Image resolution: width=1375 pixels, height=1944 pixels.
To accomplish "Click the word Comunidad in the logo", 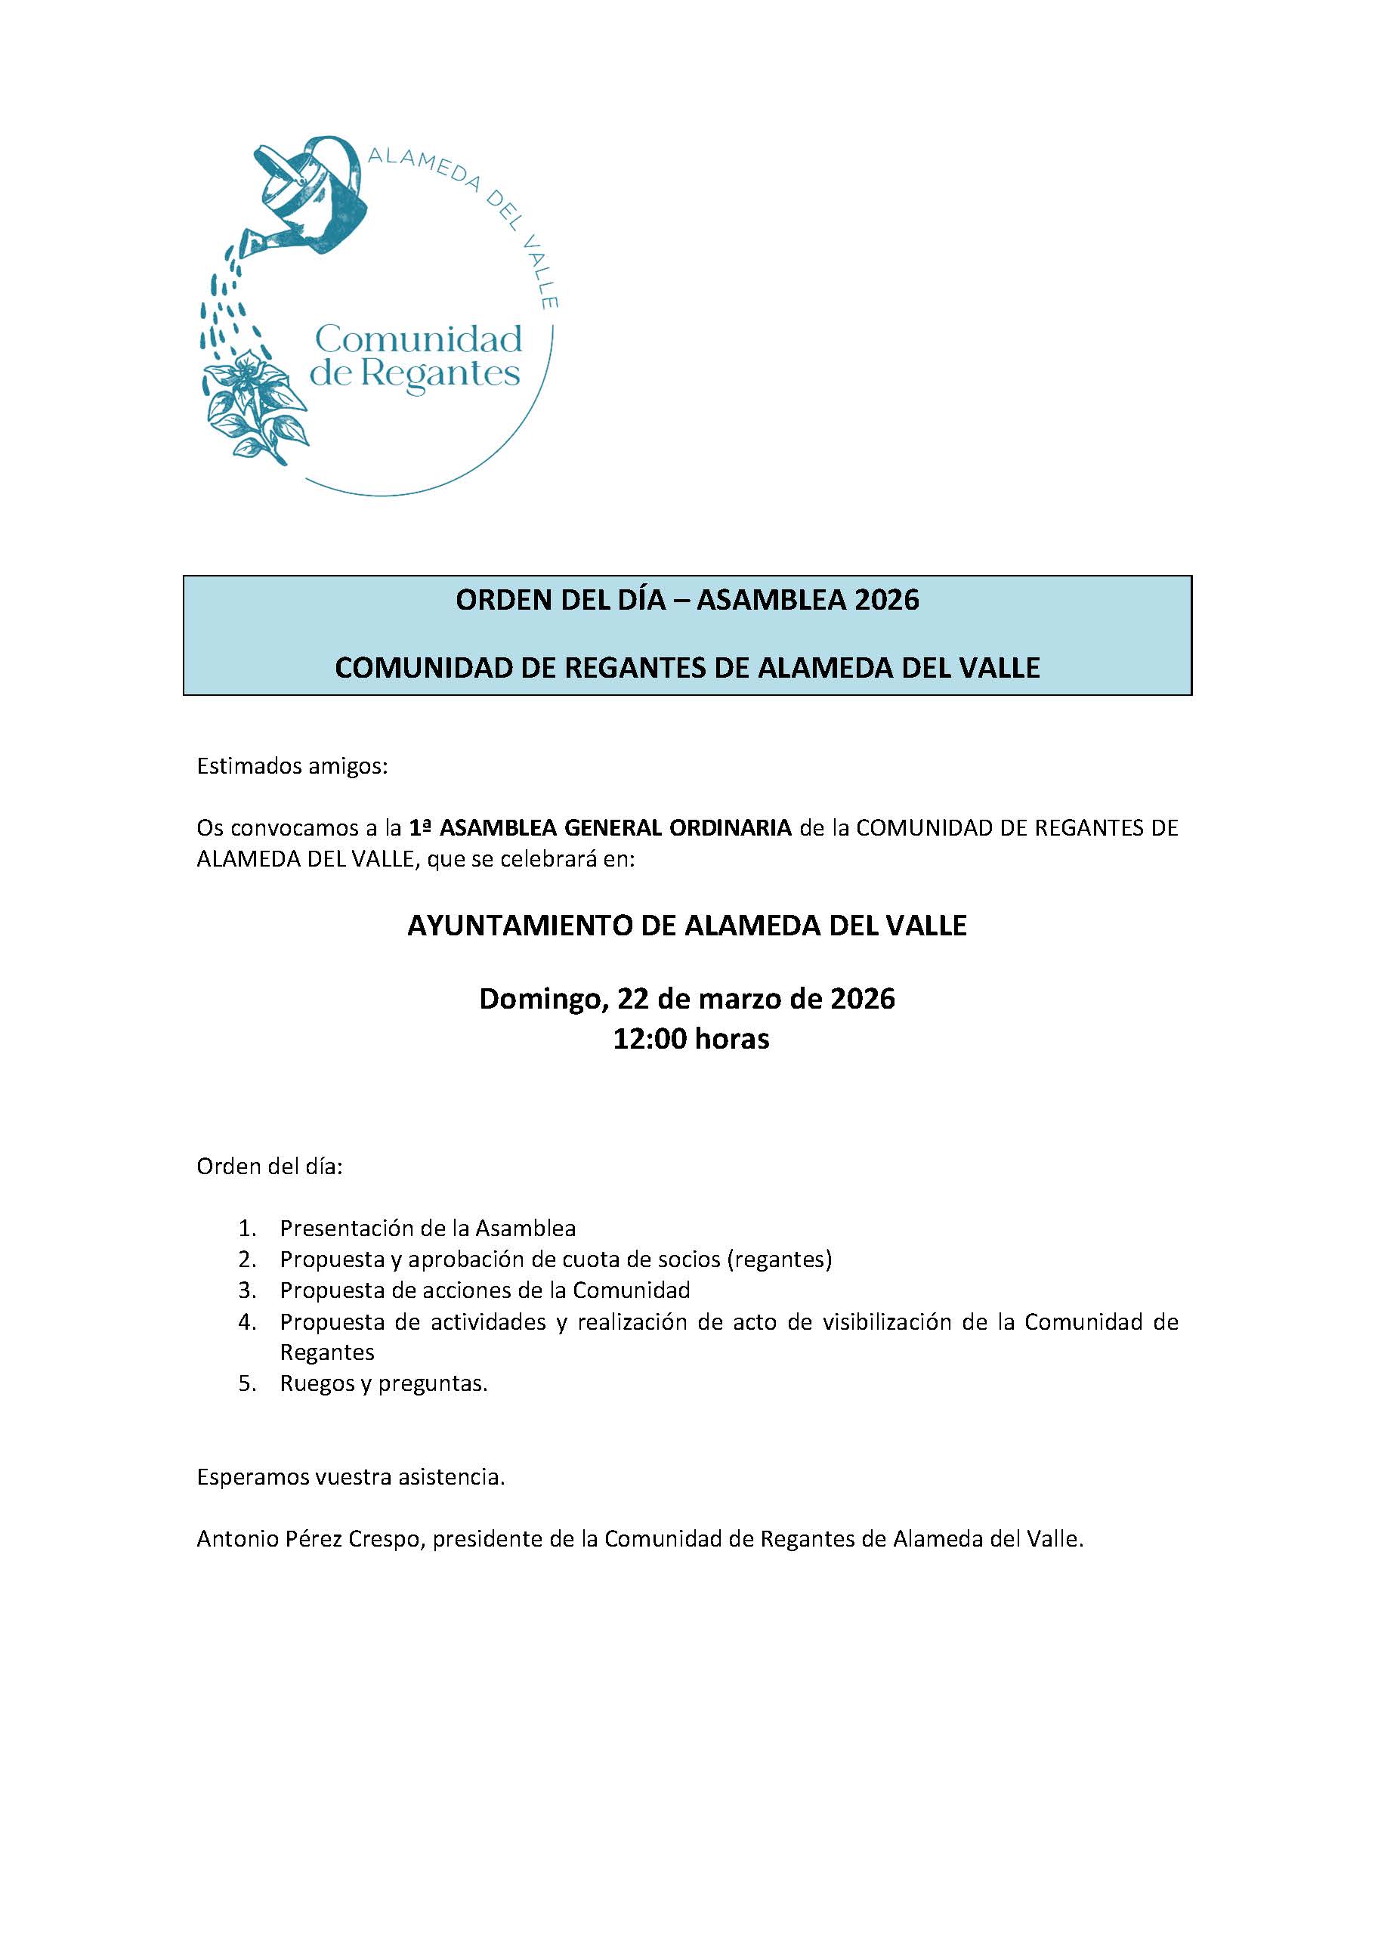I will pos(419,339).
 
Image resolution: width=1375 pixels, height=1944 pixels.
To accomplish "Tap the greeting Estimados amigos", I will pos(292,766).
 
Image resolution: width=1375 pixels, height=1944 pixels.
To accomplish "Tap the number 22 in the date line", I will pos(633,999).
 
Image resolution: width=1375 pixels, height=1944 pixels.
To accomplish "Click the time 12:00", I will pos(650,1039).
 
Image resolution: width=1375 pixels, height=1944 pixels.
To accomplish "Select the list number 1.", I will pos(246,1228).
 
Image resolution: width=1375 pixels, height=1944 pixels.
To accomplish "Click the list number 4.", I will pos(246,1321).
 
